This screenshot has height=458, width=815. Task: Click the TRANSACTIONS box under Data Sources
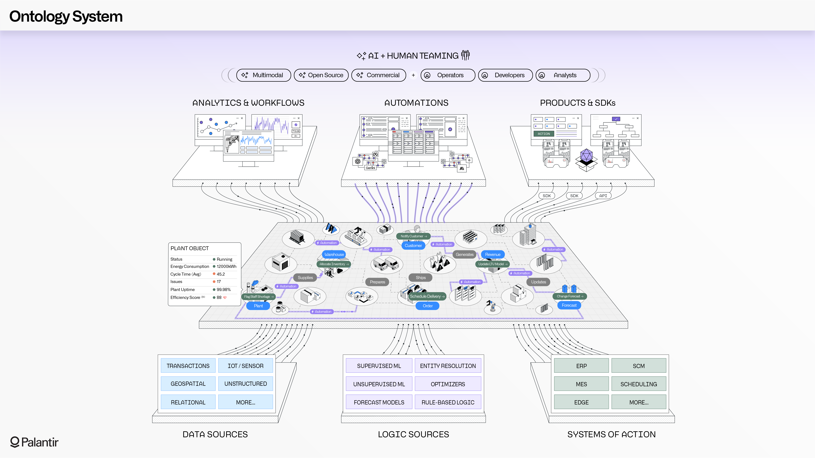click(188, 366)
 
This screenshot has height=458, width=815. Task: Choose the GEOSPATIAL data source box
click(188, 384)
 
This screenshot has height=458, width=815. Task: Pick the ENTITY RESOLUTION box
click(448, 366)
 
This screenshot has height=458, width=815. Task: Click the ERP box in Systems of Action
click(581, 366)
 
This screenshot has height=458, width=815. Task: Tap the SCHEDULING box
click(638, 384)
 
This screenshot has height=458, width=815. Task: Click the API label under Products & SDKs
click(603, 196)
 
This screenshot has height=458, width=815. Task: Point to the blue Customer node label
click(413, 246)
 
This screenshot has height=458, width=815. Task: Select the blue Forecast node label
click(569, 305)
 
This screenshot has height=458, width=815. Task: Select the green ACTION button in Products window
click(544, 134)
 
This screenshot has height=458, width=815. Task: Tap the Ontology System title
click(66, 16)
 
